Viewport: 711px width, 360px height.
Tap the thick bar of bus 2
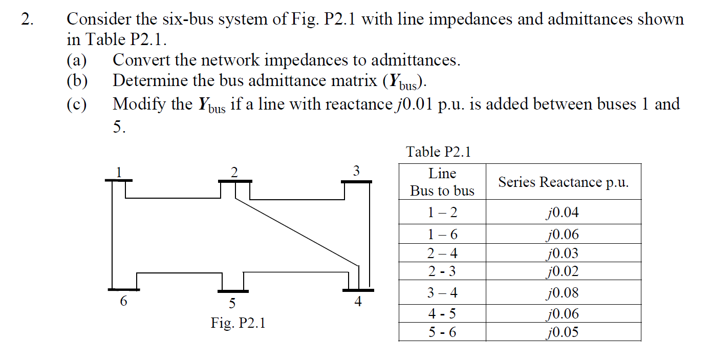coord(234,181)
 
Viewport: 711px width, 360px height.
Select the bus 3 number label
coord(357,171)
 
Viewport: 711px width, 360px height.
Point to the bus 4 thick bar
coord(358,290)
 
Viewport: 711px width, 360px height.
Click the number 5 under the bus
coord(232,304)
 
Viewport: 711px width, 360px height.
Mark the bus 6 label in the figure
coord(123,302)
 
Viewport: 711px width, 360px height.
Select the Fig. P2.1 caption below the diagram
coord(238,323)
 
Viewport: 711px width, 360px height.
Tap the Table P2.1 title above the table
coord(438,152)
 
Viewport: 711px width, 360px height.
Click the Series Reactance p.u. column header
coord(563,182)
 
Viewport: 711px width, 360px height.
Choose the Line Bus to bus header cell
coord(442,182)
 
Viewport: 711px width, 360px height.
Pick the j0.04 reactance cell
coord(563,212)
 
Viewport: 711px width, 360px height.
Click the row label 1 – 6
coord(442,235)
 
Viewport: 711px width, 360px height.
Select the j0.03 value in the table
coord(563,253)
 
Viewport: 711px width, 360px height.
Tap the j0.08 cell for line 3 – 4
coord(563,293)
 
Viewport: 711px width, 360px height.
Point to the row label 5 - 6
coord(442,332)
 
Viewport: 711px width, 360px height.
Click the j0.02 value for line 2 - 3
coord(563,271)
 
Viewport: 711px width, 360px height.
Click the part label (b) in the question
coord(77,81)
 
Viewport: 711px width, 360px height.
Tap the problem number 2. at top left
coord(27,19)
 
